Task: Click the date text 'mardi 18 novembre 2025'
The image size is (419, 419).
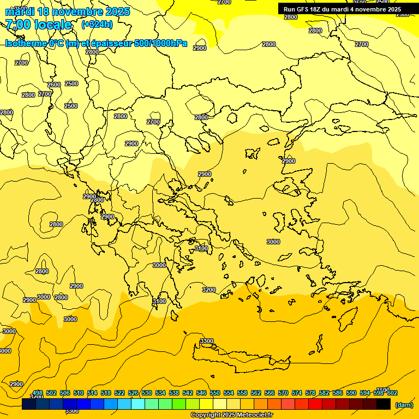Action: [68, 11]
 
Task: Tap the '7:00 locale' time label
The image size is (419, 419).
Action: [38, 25]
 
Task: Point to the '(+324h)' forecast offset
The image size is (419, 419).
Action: [97, 24]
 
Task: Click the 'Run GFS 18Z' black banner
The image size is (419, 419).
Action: [342, 9]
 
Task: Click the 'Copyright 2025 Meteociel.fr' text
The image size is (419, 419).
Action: [231, 415]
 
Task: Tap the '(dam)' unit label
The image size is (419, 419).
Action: [404, 405]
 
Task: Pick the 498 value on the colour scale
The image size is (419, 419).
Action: [38, 393]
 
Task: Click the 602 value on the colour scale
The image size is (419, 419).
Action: [392, 393]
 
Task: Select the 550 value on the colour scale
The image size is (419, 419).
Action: [215, 393]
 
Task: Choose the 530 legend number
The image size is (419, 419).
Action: [147, 393]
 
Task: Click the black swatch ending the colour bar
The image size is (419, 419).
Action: [384, 404]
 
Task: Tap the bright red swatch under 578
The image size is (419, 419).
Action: [315, 404]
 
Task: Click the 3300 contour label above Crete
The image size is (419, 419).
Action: [207, 341]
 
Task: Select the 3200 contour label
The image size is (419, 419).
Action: [209, 290]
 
